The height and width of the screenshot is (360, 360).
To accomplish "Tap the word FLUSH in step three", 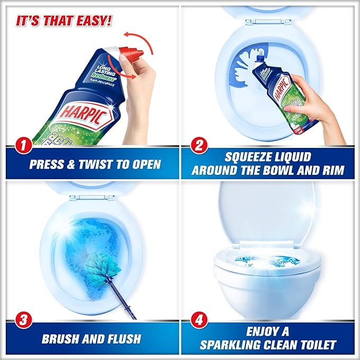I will pos(122,338).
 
